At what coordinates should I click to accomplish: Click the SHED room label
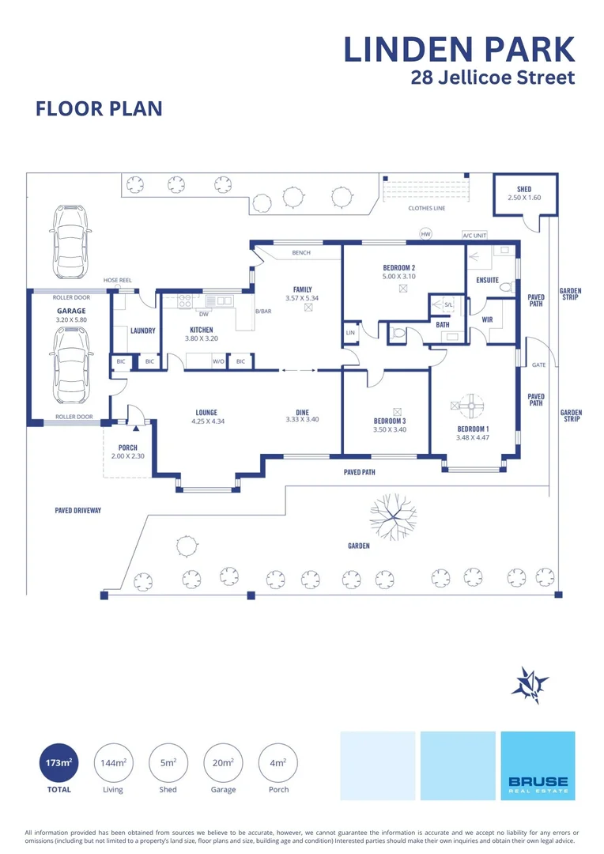(x=524, y=189)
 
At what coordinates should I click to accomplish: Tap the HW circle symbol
(x=425, y=233)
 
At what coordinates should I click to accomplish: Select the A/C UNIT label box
(x=474, y=236)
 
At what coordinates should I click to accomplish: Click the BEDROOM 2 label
(x=398, y=267)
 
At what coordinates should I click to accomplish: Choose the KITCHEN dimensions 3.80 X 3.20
(x=202, y=338)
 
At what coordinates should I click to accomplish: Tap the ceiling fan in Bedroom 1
(x=471, y=405)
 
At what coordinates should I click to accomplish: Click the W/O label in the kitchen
(x=218, y=361)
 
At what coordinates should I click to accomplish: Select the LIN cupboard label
(x=350, y=332)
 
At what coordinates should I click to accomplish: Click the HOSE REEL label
(x=118, y=280)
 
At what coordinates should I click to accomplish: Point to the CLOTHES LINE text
(x=427, y=208)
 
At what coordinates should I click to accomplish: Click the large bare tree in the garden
(x=393, y=516)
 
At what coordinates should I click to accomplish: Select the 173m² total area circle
(x=59, y=762)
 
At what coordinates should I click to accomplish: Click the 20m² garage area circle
(x=223, y=762)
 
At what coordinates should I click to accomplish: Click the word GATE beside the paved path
(x=538, y=365)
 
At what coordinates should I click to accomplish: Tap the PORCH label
(x=128, y=448)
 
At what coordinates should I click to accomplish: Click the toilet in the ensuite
(x=507, y=286)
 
